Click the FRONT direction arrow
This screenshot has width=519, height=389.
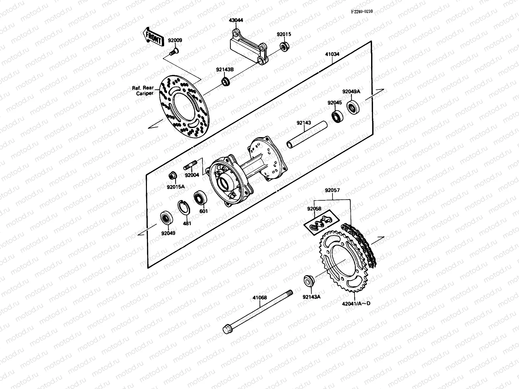[x=152, y=36]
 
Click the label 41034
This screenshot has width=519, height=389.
[x=332, y=54]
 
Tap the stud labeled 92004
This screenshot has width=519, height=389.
[x=190, y=168]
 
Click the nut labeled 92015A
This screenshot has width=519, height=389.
[x=172, y=176]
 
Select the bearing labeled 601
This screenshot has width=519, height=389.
[x=199, y=198]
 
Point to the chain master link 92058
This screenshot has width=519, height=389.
[x=320, y=224]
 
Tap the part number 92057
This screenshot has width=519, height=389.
[x=332, y=190]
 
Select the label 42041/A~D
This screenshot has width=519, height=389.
[x=356, y=303]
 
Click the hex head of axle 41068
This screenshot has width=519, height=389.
[x=227, y=329]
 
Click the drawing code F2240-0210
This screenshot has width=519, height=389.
[x=362, y=11]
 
